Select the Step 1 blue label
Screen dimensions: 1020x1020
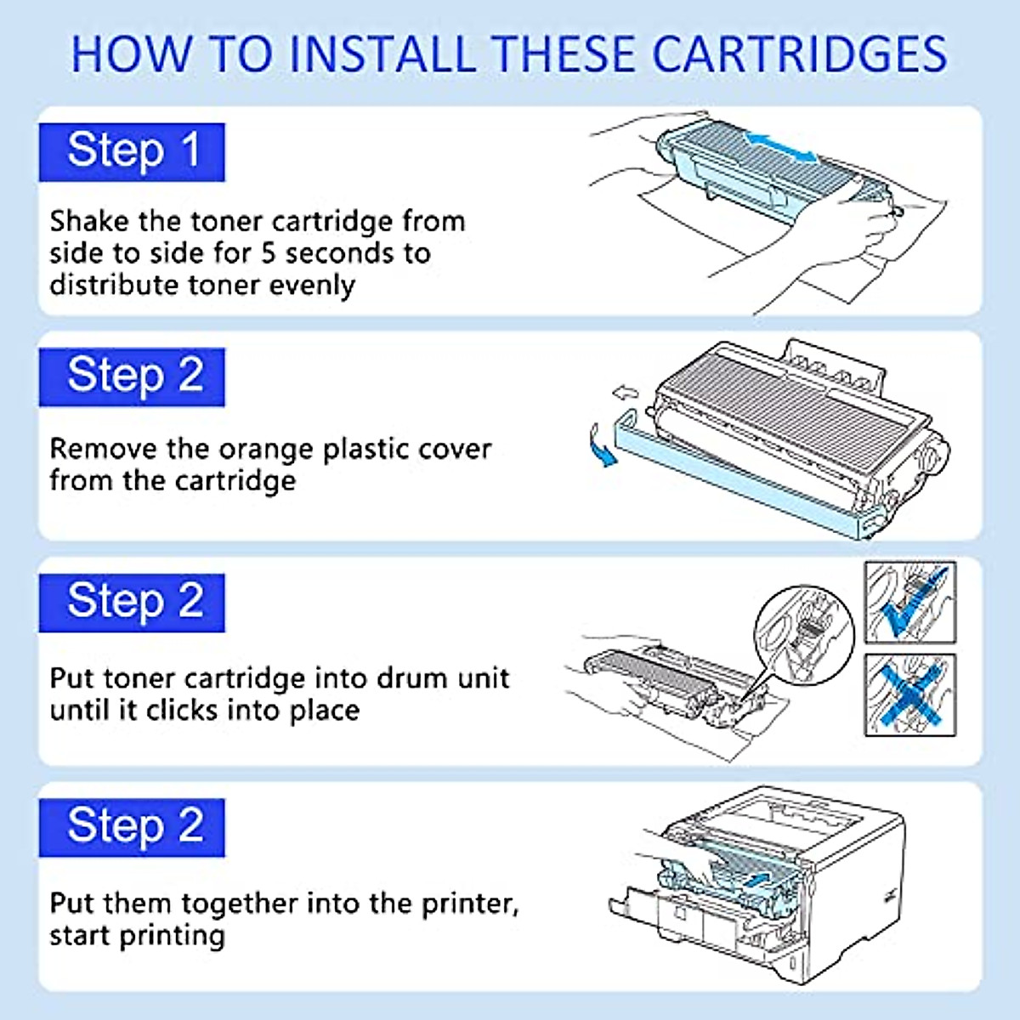[132, 152]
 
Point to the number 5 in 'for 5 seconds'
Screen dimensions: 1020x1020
[269, 253]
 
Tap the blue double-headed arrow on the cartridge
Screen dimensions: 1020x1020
[779, 146]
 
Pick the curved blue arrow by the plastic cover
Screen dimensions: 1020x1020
[602, 447]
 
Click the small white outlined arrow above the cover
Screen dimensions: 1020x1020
[625, 393]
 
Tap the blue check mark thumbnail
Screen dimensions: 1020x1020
[910, 602]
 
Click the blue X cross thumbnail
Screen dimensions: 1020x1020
[910, 694]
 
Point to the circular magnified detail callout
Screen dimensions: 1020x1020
[803, 632]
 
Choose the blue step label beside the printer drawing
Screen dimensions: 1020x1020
[132, 827]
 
